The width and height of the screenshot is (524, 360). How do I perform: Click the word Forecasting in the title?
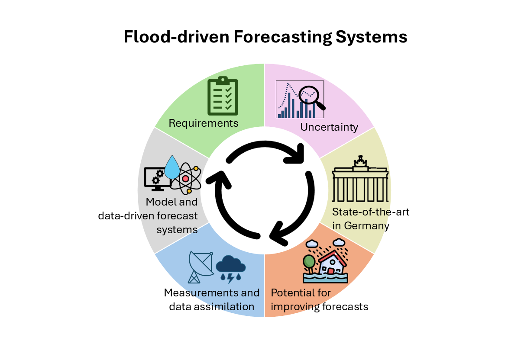pos(283,37)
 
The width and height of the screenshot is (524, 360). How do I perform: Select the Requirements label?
pos(204,123)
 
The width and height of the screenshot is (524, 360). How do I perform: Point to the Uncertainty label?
pos(329,127)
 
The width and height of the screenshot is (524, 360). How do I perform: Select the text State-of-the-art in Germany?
pos(371,219)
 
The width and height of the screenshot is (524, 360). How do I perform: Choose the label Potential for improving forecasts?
pos(320,300)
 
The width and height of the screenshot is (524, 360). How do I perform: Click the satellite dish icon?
pos(201,267)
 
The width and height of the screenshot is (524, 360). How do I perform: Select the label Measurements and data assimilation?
pos(212,300)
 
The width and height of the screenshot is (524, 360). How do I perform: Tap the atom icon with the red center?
pos(186,178)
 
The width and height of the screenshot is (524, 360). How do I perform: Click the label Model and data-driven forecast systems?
pos(172,215)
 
